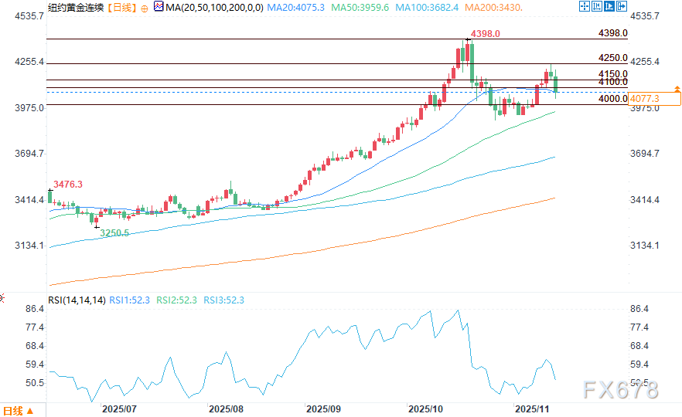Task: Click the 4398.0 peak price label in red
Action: [485, 34]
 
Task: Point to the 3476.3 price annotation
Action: [67, 184]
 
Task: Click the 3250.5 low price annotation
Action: [114, 232]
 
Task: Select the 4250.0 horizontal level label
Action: [613, 58]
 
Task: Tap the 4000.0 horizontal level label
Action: [613, 99]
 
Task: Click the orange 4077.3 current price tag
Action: [645, 99]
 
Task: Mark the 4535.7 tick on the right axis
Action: [646, 15]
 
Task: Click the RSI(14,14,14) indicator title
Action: [77, 300]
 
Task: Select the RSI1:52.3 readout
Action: [130, 300]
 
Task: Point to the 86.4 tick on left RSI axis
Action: [35, 309]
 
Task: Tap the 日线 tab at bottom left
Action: [14, 410]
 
